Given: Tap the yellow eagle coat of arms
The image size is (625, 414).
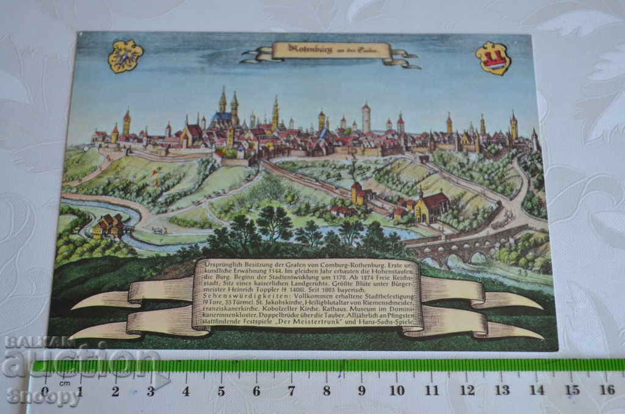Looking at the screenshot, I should (x=125, y=56).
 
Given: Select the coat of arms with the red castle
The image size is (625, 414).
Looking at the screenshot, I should (x=493, y=58).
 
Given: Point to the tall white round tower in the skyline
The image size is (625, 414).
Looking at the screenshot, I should (x=366, y=118).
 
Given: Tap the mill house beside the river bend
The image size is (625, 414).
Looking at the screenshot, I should (x=109, y=225).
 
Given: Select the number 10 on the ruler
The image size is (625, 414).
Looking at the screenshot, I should (x=397, y=390).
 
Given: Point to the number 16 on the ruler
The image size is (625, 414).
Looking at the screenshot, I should (x=607, y=390).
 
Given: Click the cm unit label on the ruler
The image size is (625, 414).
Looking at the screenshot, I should (x=64, y=383).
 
